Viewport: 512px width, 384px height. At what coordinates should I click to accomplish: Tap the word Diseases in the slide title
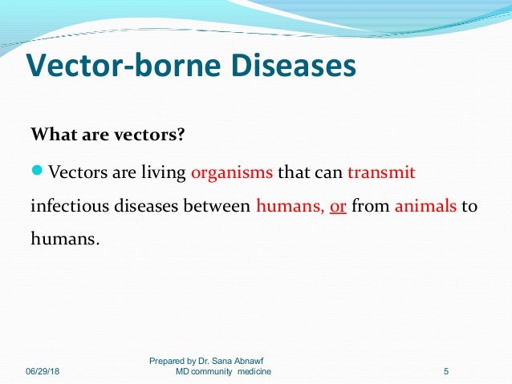tap(290, 67)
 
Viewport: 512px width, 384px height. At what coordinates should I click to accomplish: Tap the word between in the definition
tap(218, 206)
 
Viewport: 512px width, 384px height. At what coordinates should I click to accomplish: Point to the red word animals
tap(425, 206)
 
